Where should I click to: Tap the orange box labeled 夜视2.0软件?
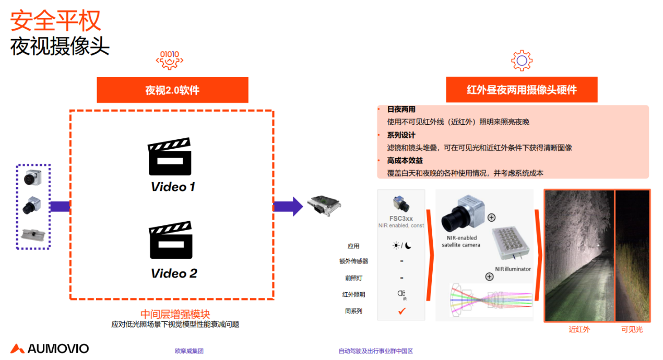pyautogui.click(x=172, y=90)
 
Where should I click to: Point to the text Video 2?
pyautogui.click(x=174, y=273)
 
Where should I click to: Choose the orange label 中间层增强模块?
pyautogui.click(x=175, y=314)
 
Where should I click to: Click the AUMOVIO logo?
pyautogui.click(x=50, y=349)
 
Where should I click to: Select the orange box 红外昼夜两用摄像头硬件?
pyautogui.click(x=522, y=90)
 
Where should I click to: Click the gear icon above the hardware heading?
pyautogui.click(x=522, y=61)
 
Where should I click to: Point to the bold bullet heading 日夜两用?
pyautogui.click(x=401, y=110)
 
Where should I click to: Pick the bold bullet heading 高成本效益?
pyautogui.click(x=405, y=161)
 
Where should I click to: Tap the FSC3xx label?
pyautogui.click(x=401, y=218)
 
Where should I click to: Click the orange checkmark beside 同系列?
pyautogui.click(x=401, y=311)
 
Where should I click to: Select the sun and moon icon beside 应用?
pyautogui.click(x=401, y=246)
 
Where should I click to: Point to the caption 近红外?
pyautogui.click(x=579, y=330)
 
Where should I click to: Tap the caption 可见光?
pyautogui.click(x=632, y=330)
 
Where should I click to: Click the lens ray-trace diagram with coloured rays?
pyautogui.click(x=491, y=300)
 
